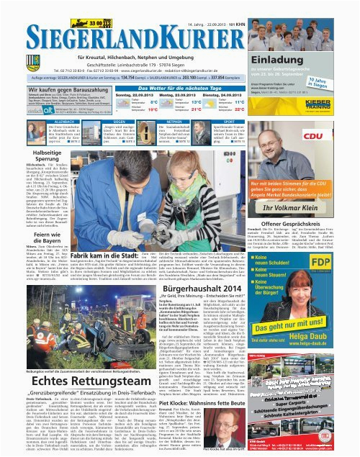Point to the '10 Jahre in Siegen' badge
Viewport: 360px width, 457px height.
(343, 81)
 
